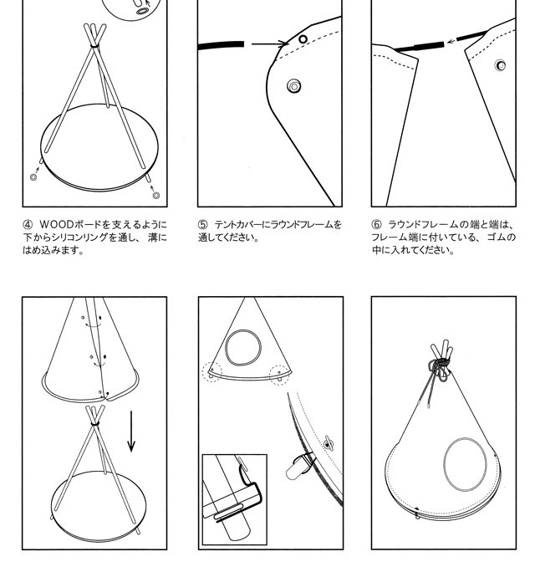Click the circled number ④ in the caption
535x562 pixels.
[x=28, y=225]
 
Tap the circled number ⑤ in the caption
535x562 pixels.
[x=202, y=225]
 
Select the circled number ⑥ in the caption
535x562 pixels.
[x=376, y=225]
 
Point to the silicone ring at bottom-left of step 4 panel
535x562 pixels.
[x=33, y=177]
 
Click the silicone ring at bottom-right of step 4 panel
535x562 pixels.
[x=155, y=196]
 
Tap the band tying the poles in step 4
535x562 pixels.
[x=95, y=45]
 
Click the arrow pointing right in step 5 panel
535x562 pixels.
[x=270, y=43]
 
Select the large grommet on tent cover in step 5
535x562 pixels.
[x=294, y=86]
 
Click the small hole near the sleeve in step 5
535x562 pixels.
[x=303, y=39]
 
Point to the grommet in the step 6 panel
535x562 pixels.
[x=500, y=65]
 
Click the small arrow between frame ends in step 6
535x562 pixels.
[x=451, y=41]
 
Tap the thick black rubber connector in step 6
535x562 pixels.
[x=430, y=46]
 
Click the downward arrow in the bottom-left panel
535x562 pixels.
[x=131, y=432]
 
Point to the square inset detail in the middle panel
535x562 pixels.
[x=235, y=499]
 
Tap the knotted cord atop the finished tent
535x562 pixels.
[x=439, y=369]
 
